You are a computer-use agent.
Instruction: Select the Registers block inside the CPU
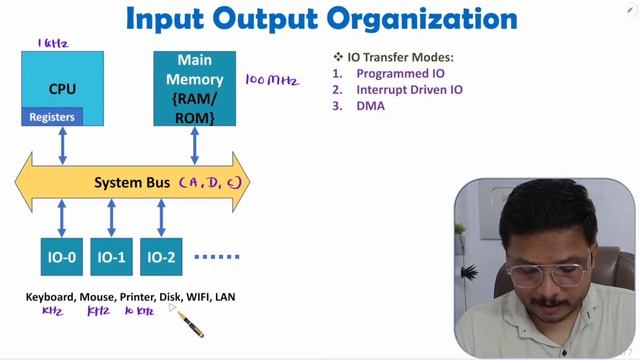[x=52, y=117]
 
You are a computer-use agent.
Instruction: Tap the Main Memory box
[x=194, y=87]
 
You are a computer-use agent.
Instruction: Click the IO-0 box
[x=62, y=257]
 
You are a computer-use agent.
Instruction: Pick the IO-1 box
[x=111, y=257]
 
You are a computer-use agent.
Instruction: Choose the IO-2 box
[x=161, y=257]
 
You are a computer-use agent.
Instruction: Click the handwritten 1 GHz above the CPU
[x=53, y=43]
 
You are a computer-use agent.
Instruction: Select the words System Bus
[x=132, y=183]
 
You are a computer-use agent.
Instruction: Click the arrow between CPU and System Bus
[x=63, y=146]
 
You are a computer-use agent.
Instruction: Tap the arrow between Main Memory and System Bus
[x=194, y=146]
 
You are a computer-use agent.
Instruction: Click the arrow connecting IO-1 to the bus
[x=111, y=218]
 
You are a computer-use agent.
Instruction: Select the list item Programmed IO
[x=400, y=73]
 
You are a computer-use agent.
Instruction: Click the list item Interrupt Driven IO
[x=409, y=89]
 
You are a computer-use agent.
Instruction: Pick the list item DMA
[x=371, y=105]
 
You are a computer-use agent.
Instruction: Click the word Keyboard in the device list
[x=49, y=297]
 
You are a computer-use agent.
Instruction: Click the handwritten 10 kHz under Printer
[x=138, y=312]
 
